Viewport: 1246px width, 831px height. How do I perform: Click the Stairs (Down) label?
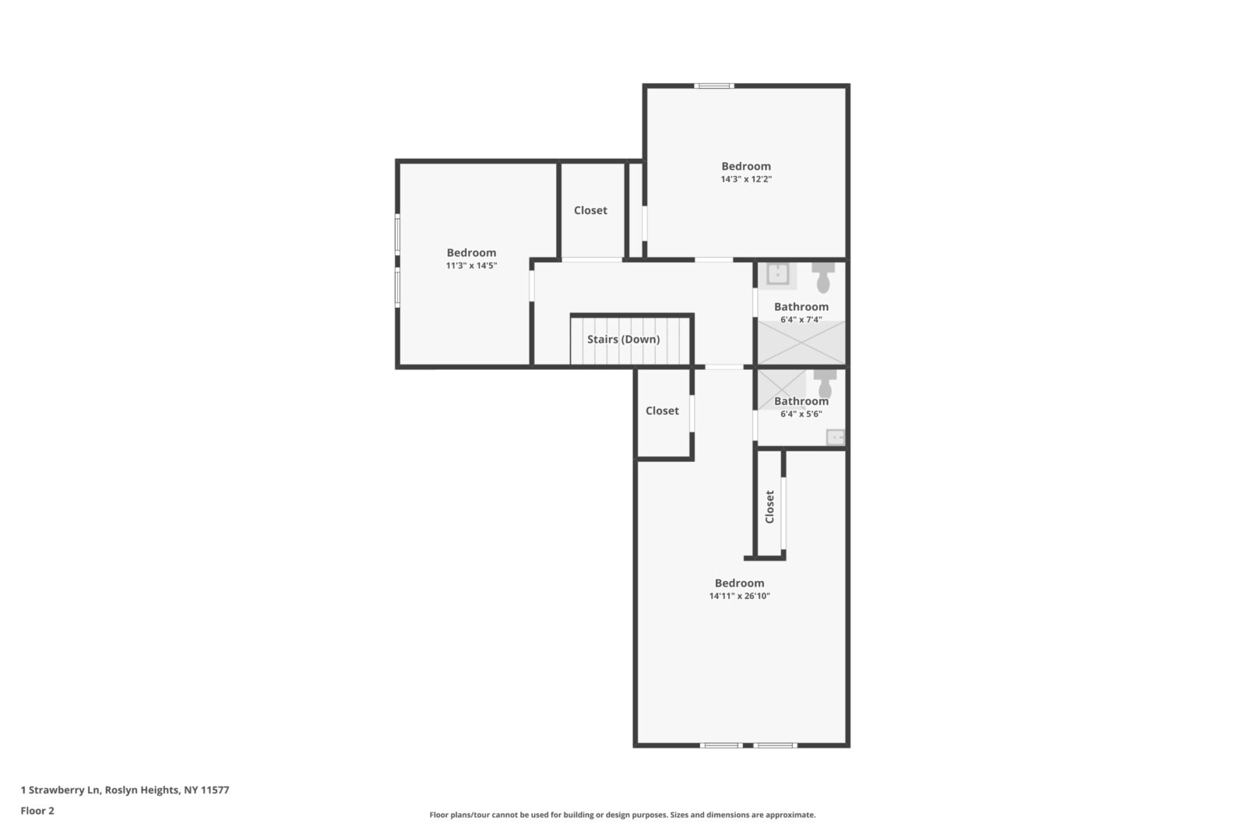[x=623, y=340]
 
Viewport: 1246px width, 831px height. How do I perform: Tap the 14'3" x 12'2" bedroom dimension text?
[x=746, y=179]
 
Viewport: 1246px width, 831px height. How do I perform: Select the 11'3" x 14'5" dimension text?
[x=471, y=266]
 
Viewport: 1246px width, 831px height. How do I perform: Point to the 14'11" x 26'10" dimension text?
[x=739, y=596]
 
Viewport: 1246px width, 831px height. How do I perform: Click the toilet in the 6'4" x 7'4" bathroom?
[x=823, y=277]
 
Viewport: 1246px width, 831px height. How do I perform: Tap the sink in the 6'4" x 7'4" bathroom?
[x=777, y=274]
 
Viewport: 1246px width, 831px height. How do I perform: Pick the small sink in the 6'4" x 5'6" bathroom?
[x=835, y=437]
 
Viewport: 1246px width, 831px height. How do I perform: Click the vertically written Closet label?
[x=770, y=507]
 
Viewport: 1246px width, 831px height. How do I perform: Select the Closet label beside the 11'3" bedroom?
[x=590, y=210]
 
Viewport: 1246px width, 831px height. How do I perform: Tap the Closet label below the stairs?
[x=662, y=410]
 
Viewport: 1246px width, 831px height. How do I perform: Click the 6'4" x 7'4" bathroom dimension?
[x=801, y=320]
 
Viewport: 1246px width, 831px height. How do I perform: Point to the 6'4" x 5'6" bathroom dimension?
[x=801, y=414]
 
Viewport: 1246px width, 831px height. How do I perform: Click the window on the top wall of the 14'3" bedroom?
[x=714, y=86]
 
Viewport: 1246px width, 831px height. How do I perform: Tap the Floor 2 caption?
[x=37, y=811]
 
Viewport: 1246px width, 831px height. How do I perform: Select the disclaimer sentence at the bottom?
[x=622, y=815]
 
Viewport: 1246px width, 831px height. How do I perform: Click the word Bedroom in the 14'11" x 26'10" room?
[x=739, y=583]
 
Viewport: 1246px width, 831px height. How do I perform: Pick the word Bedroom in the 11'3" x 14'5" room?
[x=471, y=252]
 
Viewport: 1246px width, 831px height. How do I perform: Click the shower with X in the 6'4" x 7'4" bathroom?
[x=801, y=343]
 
